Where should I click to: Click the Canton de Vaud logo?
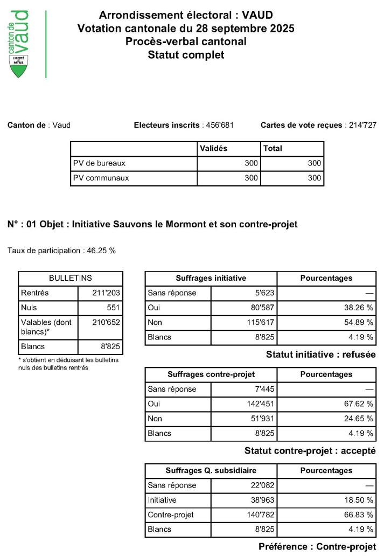tap(20, 43)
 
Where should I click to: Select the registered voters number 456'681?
tap(219, 126)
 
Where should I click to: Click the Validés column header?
tap(214, 148)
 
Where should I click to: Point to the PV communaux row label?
tap(101, 178)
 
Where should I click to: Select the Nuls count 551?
tap(113, 308)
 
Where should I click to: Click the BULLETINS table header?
tap(71, 279)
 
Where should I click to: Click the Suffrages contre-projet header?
tap(211, 374)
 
